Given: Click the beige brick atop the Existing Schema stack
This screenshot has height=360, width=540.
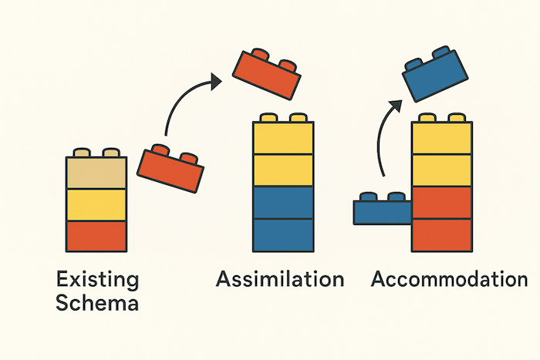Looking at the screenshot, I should tap(95, 173).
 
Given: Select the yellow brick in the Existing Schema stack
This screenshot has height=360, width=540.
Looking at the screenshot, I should tap(95, 204).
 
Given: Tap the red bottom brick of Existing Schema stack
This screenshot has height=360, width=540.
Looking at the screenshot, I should tap(95, 235).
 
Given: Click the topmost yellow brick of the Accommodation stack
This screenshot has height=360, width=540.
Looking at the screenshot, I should tap(441, 139).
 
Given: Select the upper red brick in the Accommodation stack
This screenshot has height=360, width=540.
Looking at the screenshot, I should tap(441, 202).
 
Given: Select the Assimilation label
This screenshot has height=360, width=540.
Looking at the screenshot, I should tap(279, 279).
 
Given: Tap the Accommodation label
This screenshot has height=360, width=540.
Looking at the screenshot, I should tap(449, 279).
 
